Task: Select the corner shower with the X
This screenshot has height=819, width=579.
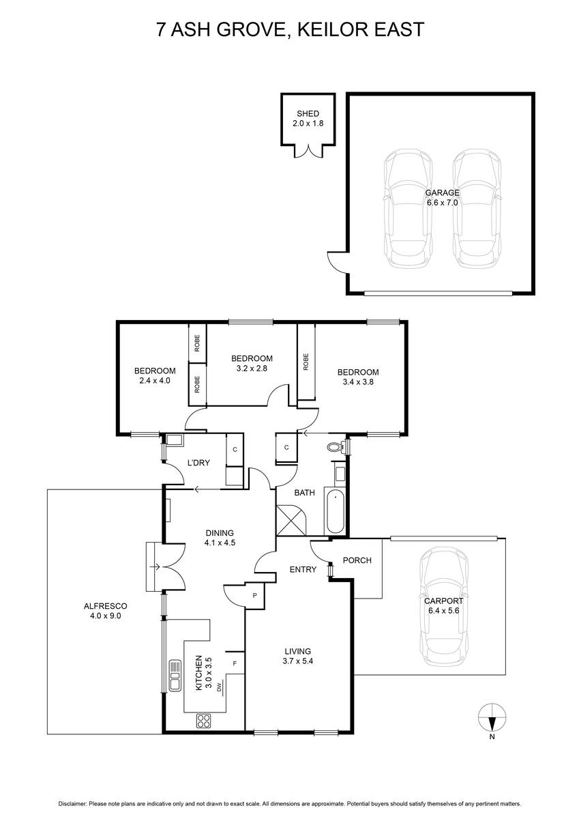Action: coord(291,520)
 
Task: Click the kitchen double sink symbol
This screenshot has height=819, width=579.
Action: coord(175,675)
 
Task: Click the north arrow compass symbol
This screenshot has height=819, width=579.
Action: coord(492,717)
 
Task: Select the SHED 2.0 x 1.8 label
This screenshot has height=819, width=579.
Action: coord(308,119)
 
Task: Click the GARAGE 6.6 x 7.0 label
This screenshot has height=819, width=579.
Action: coord(442,197)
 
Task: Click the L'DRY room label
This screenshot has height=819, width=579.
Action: coord(198,463)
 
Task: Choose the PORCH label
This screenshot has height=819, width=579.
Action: coord(357,560)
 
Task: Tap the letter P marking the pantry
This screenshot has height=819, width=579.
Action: coord(254,596)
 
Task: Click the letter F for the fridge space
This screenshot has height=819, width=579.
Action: coord(235,663)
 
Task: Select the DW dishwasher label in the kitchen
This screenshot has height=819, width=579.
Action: coord(219,688)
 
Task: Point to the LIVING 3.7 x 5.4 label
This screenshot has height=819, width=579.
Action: coord(298,656)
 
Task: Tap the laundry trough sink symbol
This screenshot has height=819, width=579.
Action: coord(175,439)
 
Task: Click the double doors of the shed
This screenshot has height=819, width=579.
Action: coord(309,151)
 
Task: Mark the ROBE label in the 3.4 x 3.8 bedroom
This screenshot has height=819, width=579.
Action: coord(306,362)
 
